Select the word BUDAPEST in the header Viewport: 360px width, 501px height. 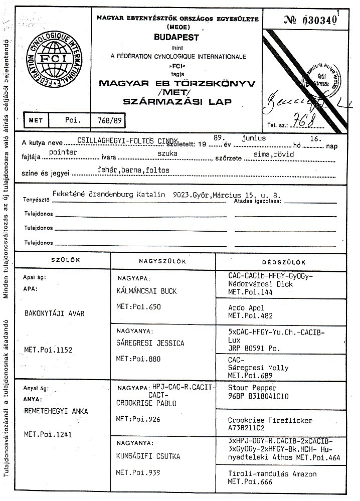pos(176,38)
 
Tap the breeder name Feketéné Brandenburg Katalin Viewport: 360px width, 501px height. pos(108,195)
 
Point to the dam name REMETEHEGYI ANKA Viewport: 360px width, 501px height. pos(56,411)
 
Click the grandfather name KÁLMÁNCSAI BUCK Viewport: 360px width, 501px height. pos(146,291)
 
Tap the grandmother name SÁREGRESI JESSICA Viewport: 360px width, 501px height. pos(150,343)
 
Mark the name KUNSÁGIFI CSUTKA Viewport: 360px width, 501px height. pos(148,456)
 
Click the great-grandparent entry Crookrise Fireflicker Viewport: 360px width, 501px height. pos(270,420)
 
